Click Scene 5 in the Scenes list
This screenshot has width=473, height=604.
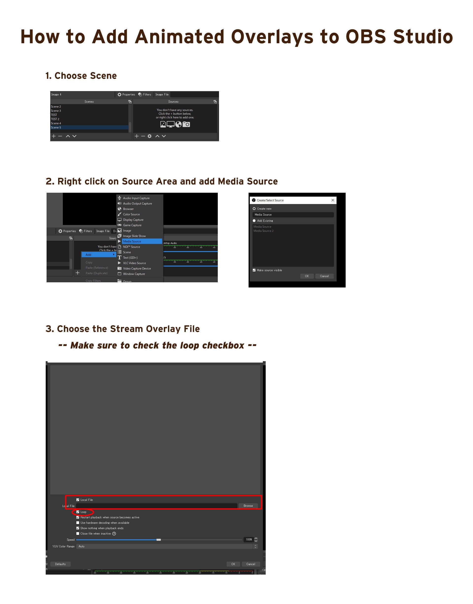(x=56, y=127)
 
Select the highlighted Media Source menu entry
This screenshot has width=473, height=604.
(x=132, y=241)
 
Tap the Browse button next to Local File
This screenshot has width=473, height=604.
(x=248, y=506)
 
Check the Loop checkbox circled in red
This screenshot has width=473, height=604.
(x=78, y=512)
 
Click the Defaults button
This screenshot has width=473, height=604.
(x=60, y=564)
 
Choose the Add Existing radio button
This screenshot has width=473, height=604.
(x=254, y=221)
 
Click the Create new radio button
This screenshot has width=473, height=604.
(x=254, y=209)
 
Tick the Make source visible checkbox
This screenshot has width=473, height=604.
(x=254, y=270)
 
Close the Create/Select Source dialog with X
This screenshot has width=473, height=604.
(x=333, y=200)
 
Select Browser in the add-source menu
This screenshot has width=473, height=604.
(x=128, y=209)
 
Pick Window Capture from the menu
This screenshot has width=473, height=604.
(x=134, y=274)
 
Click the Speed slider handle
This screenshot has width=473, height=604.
(x=158, y=540)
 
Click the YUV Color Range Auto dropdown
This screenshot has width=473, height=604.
(x=166, y=546)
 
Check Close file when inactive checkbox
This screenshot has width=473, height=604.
(x=78, y=533)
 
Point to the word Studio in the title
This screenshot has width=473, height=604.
(x=423, y=37)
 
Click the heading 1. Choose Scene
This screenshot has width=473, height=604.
(x=81, y=76)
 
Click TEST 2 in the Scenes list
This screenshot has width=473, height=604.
(x=55, y=119)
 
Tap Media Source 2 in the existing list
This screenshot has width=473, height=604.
(x=263, y=231)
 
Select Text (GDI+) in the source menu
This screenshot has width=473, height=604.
(x=130, y=258)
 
